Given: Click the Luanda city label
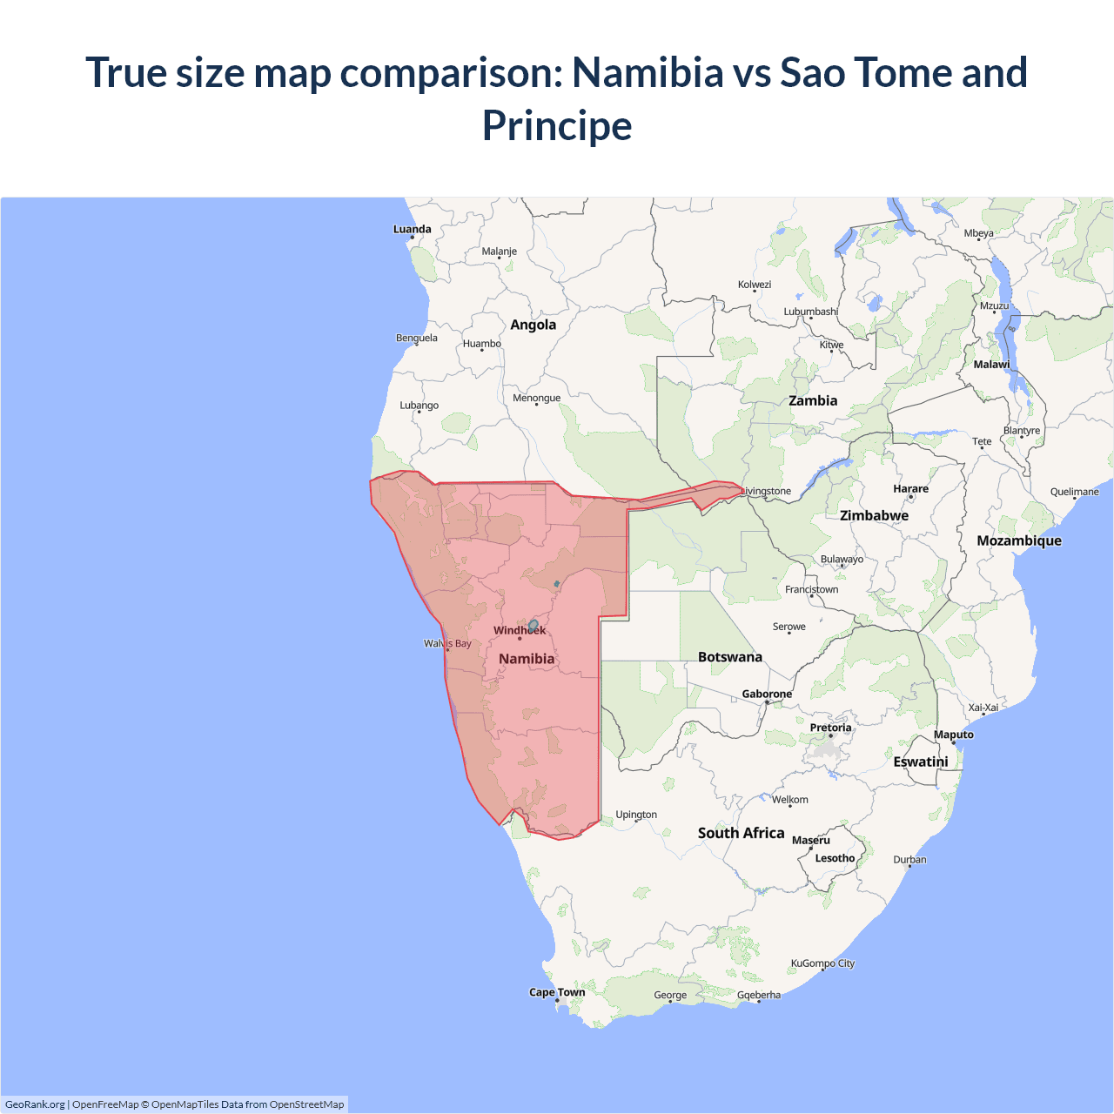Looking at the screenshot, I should [x=412, y=230].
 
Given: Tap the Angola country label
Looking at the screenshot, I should [x=533, y=325].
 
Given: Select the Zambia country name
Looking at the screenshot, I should [x=813, y=401].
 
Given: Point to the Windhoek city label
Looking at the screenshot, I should [x=520, y=630].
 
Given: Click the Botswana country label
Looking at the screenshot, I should [x=729, y=657].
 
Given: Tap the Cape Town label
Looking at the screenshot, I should [x=557, y=992].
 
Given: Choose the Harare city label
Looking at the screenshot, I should [x=910, y=489].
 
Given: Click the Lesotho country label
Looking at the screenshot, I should [x=835, y=858].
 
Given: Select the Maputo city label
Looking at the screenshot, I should [x=954, y=735].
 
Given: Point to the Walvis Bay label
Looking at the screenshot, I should [x=447, y=644].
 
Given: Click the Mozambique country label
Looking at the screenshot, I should [x=1019, y=540].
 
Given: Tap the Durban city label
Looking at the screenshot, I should [x=909, y=860].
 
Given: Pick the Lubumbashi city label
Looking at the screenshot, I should [x=810, y=312].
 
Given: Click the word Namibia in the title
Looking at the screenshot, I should [x=648, y=72].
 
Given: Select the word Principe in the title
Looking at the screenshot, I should [x=557, y=125].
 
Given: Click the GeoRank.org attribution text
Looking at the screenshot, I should [x=35, y=1104].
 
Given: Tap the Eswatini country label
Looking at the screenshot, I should [x=921, y=762].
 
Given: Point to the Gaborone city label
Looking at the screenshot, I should [x=767, y=695].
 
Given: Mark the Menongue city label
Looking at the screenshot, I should [x=536, y=398].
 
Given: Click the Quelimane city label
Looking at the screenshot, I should [x=1074, y=492].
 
